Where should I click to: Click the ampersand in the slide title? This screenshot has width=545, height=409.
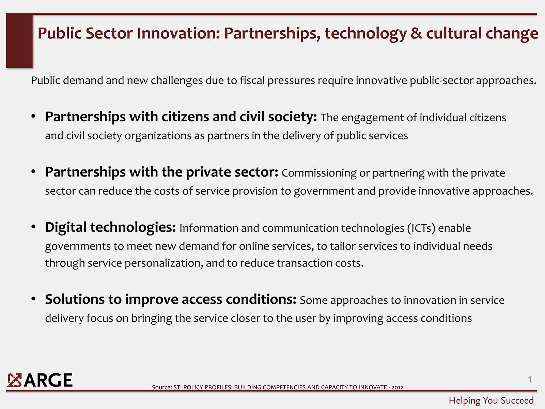[416, 33]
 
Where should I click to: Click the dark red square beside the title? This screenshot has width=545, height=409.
[19, 41]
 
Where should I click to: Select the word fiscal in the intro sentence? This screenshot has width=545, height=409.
[252, 80]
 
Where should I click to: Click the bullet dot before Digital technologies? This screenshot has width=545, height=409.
[33, 226]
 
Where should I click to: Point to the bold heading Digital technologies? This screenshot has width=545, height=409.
[110, 227]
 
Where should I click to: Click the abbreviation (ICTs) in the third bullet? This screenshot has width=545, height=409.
[421, 228]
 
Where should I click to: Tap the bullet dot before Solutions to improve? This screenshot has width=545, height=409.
[33, 299]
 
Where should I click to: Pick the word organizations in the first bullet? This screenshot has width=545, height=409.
[158, 136]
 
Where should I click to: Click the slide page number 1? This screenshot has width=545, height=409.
[530, 379]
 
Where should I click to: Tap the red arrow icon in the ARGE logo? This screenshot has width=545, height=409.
[14, 380]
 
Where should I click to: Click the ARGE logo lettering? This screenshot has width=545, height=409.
[48, 380]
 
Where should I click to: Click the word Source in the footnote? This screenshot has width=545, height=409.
[162, 388]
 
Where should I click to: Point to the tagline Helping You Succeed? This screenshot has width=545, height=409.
[491, 400]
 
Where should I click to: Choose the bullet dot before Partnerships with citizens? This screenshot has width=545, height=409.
[33, 116]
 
